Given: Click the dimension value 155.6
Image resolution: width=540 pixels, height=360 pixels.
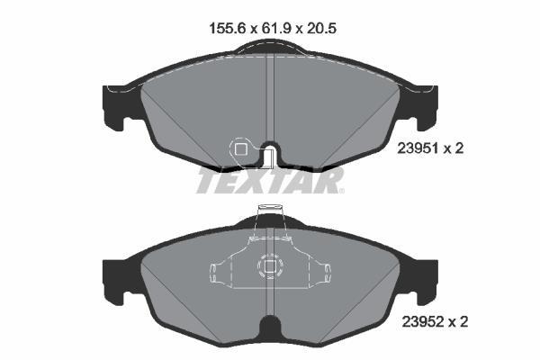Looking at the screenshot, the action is click(x=228, y=28).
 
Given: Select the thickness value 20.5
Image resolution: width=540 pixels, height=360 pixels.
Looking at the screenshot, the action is click(x=320, y=28).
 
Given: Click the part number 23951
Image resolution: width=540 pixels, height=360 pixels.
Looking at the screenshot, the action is click(x=418, y=148).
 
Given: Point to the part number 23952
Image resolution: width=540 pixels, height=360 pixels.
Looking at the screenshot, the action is click(x=422, y=322).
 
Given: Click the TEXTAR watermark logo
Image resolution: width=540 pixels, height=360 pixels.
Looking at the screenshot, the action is click(x=270, y=180).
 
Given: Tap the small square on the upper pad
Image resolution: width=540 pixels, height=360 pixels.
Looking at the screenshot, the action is click(x=240, y=148).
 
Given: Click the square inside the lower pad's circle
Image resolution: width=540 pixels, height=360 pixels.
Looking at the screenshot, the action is click(x=270, y=266).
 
